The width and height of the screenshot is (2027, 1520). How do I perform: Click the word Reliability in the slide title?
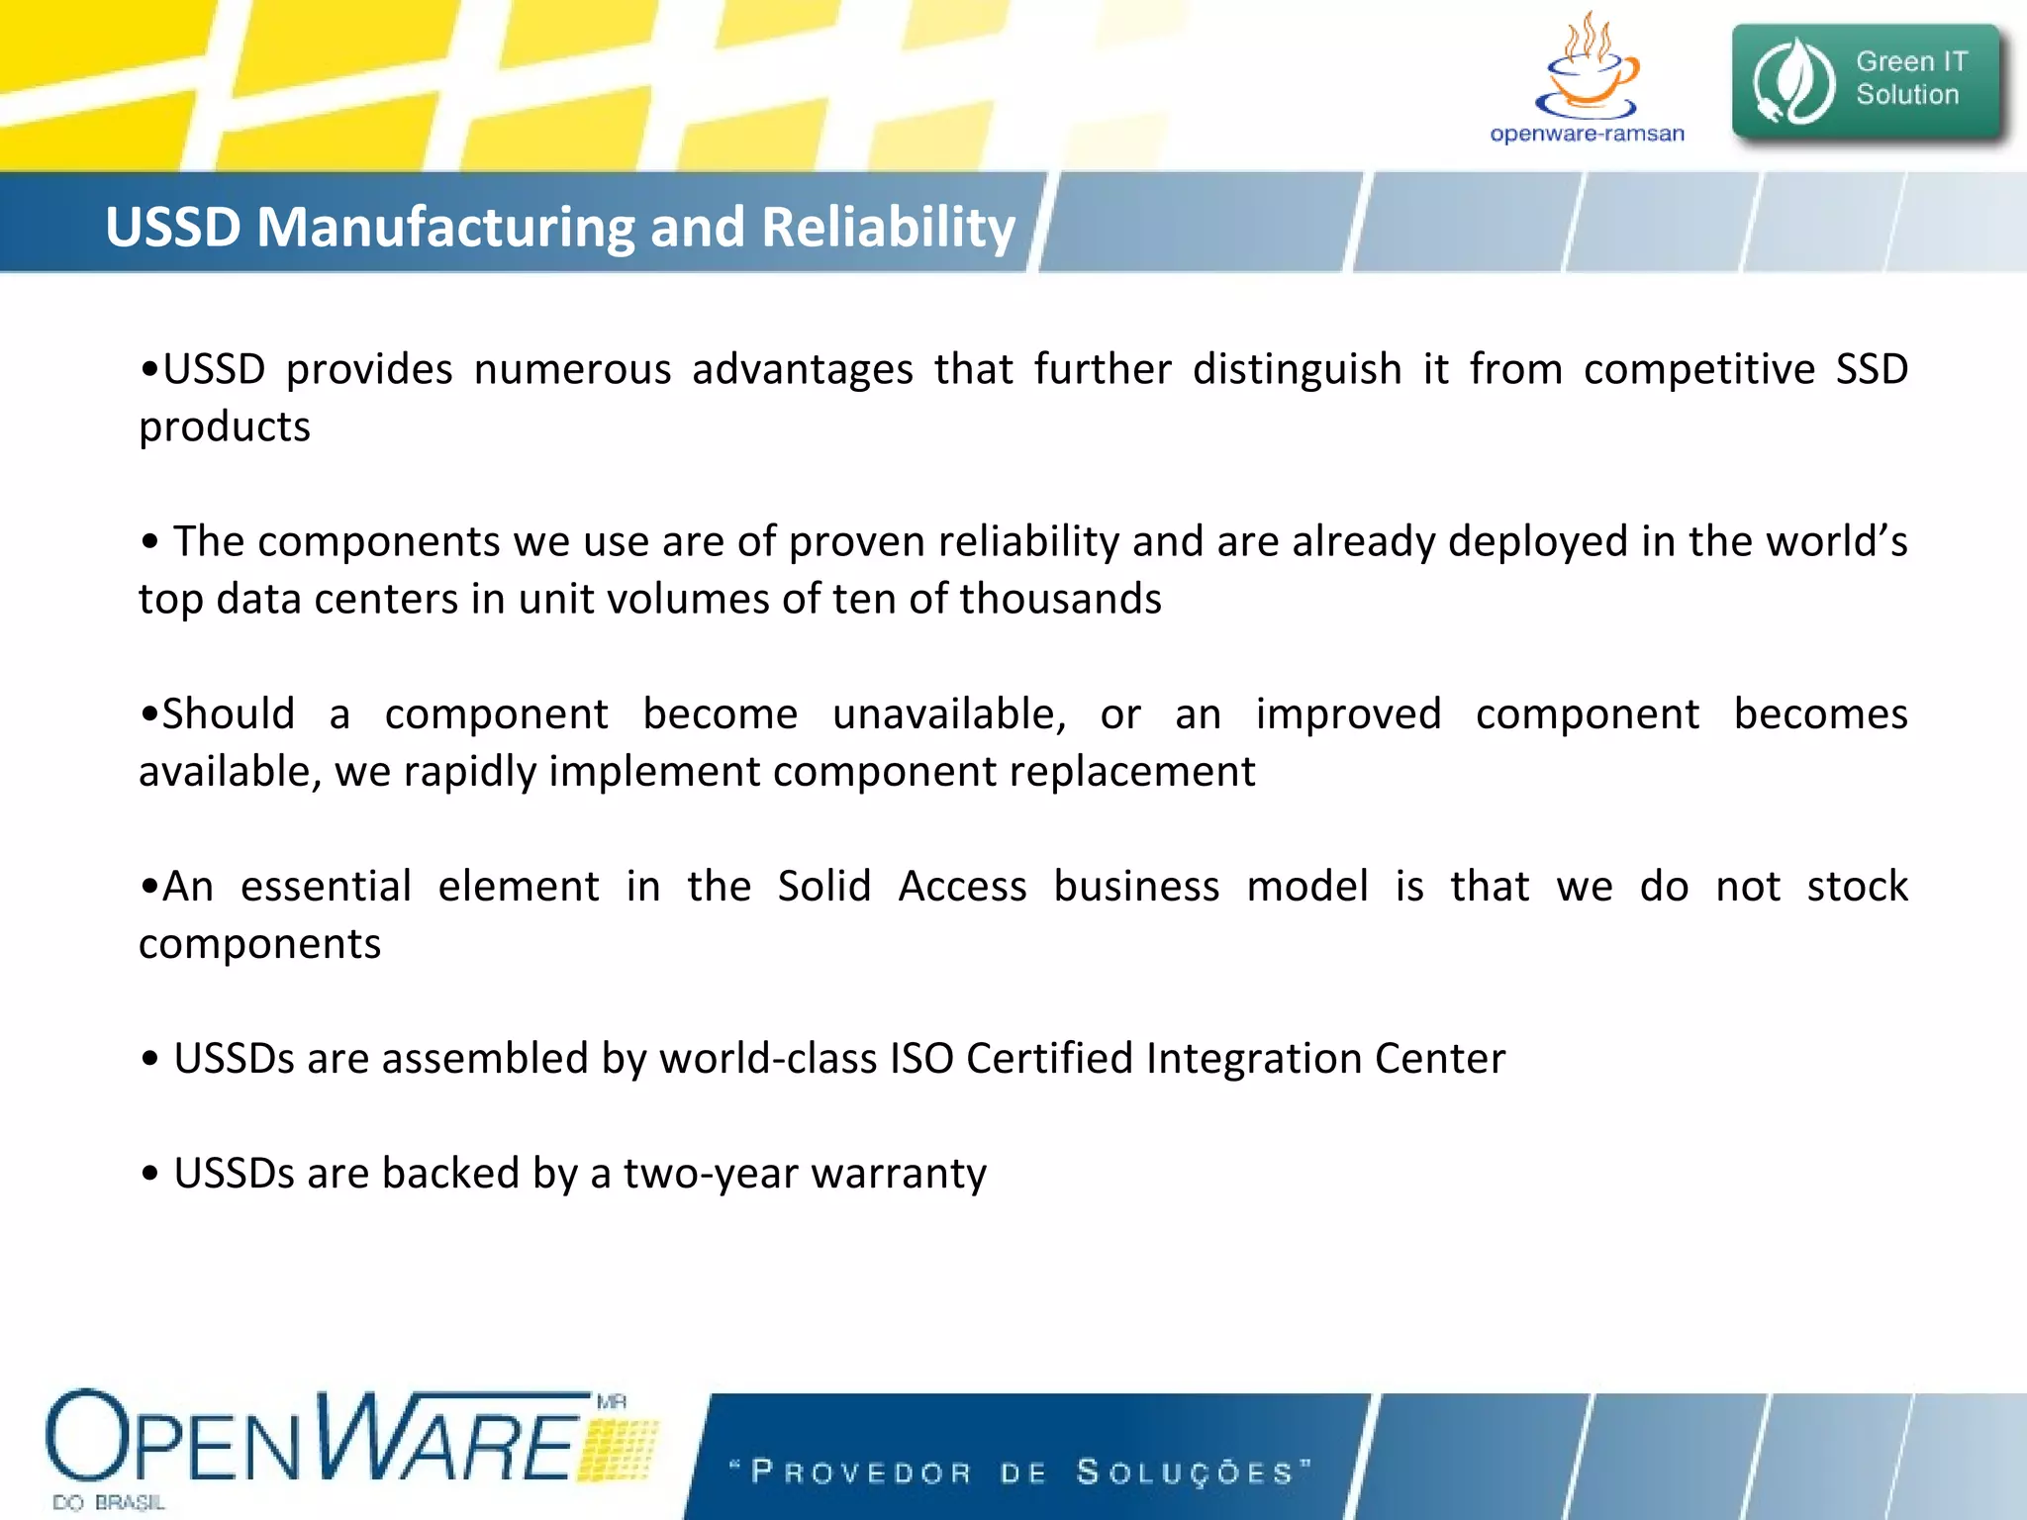coord(888,227)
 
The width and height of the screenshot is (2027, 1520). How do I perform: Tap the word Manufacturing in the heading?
coord(444,227)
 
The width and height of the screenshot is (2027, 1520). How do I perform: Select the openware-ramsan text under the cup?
coord(1587,134)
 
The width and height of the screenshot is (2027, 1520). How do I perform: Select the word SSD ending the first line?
coord(1872,369)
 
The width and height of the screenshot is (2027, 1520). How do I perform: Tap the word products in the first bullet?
coord(225,427)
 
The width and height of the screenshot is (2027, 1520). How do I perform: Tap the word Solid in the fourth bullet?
coord(823,886)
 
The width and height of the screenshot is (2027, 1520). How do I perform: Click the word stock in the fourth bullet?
coord(1857,886)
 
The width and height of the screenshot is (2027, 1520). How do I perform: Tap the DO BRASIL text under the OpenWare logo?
coord(109,1502)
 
